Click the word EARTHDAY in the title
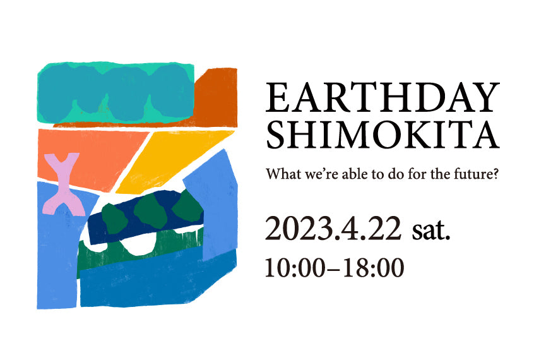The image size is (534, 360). pyautogui.click(x=383, y=97)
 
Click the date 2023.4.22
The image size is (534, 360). pyautogui.click(x=333, y=229)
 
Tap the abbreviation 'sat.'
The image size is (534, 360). pyautogui.click(x=431, y=231)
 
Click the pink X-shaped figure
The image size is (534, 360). pyautogui.click(x=64, y=184)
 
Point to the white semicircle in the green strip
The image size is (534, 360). pyautogui.click(x=138, y=246)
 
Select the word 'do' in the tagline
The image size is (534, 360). pyautogui.click(x=395, y=174)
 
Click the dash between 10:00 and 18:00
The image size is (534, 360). pyautogui.click(x=334, y=269)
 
